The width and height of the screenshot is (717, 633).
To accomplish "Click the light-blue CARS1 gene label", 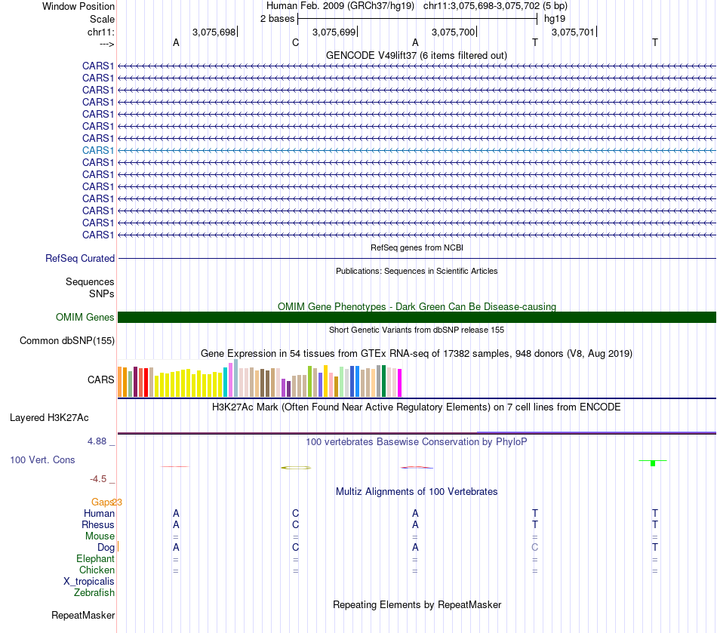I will [x=98, y=150].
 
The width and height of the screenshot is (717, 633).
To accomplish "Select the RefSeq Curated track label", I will [x=80, y=258].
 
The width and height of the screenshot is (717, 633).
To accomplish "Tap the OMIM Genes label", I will [x=85, y=318].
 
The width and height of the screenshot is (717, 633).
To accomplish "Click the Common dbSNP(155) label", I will [x=67, y=340].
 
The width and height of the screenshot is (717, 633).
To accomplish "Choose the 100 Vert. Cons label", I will [x=43, y=459].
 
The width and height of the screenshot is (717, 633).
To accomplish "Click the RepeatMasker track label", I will [x=83, y=616].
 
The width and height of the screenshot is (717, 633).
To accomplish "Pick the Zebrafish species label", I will [x=94, y=593].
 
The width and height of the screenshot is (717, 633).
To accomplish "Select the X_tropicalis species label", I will [x=89, y=582].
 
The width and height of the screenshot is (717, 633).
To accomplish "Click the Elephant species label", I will [x=95, y=559].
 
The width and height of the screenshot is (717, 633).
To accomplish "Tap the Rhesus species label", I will [x=98, y=524].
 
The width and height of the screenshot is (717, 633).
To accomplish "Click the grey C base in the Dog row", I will [x=535, y=547].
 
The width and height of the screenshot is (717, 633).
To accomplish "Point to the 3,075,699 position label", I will [x=334, y=32].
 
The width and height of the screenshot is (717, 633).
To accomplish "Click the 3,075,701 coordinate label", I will [x=573, y=32].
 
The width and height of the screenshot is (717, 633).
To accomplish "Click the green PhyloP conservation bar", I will [x=653, y=462].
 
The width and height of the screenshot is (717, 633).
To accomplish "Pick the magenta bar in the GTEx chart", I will [x=400, y=383].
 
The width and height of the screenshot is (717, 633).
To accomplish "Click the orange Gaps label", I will [x=102, y=502].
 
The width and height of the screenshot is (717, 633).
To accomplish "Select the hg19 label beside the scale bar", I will [x=555, y=18].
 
